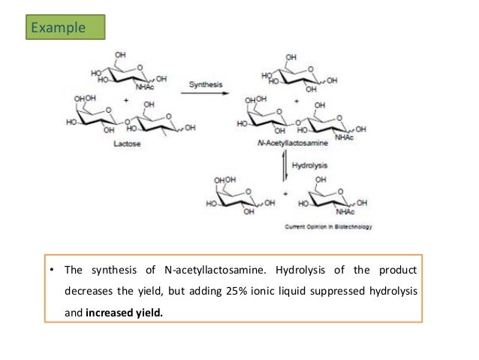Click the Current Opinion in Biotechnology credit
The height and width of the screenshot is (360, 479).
[328, 226]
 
